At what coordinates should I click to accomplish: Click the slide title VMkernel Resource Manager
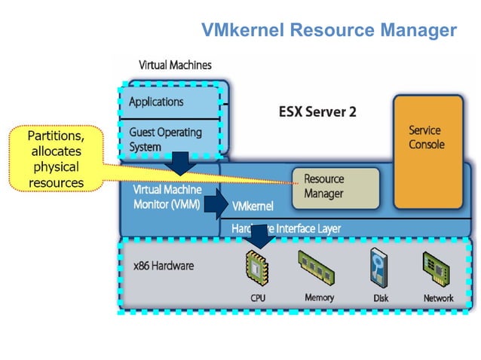(329, 30)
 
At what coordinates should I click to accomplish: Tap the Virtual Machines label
(175, 66)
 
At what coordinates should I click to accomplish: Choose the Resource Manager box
(335, 187)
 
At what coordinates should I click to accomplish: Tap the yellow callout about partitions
(55, 159)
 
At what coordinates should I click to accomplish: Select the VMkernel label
(253, 206)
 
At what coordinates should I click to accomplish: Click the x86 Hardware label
(164, 266)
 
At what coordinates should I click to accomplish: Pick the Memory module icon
(317, 268)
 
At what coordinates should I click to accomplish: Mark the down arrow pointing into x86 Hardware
(260, 234)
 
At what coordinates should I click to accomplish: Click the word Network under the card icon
(438, 299)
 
